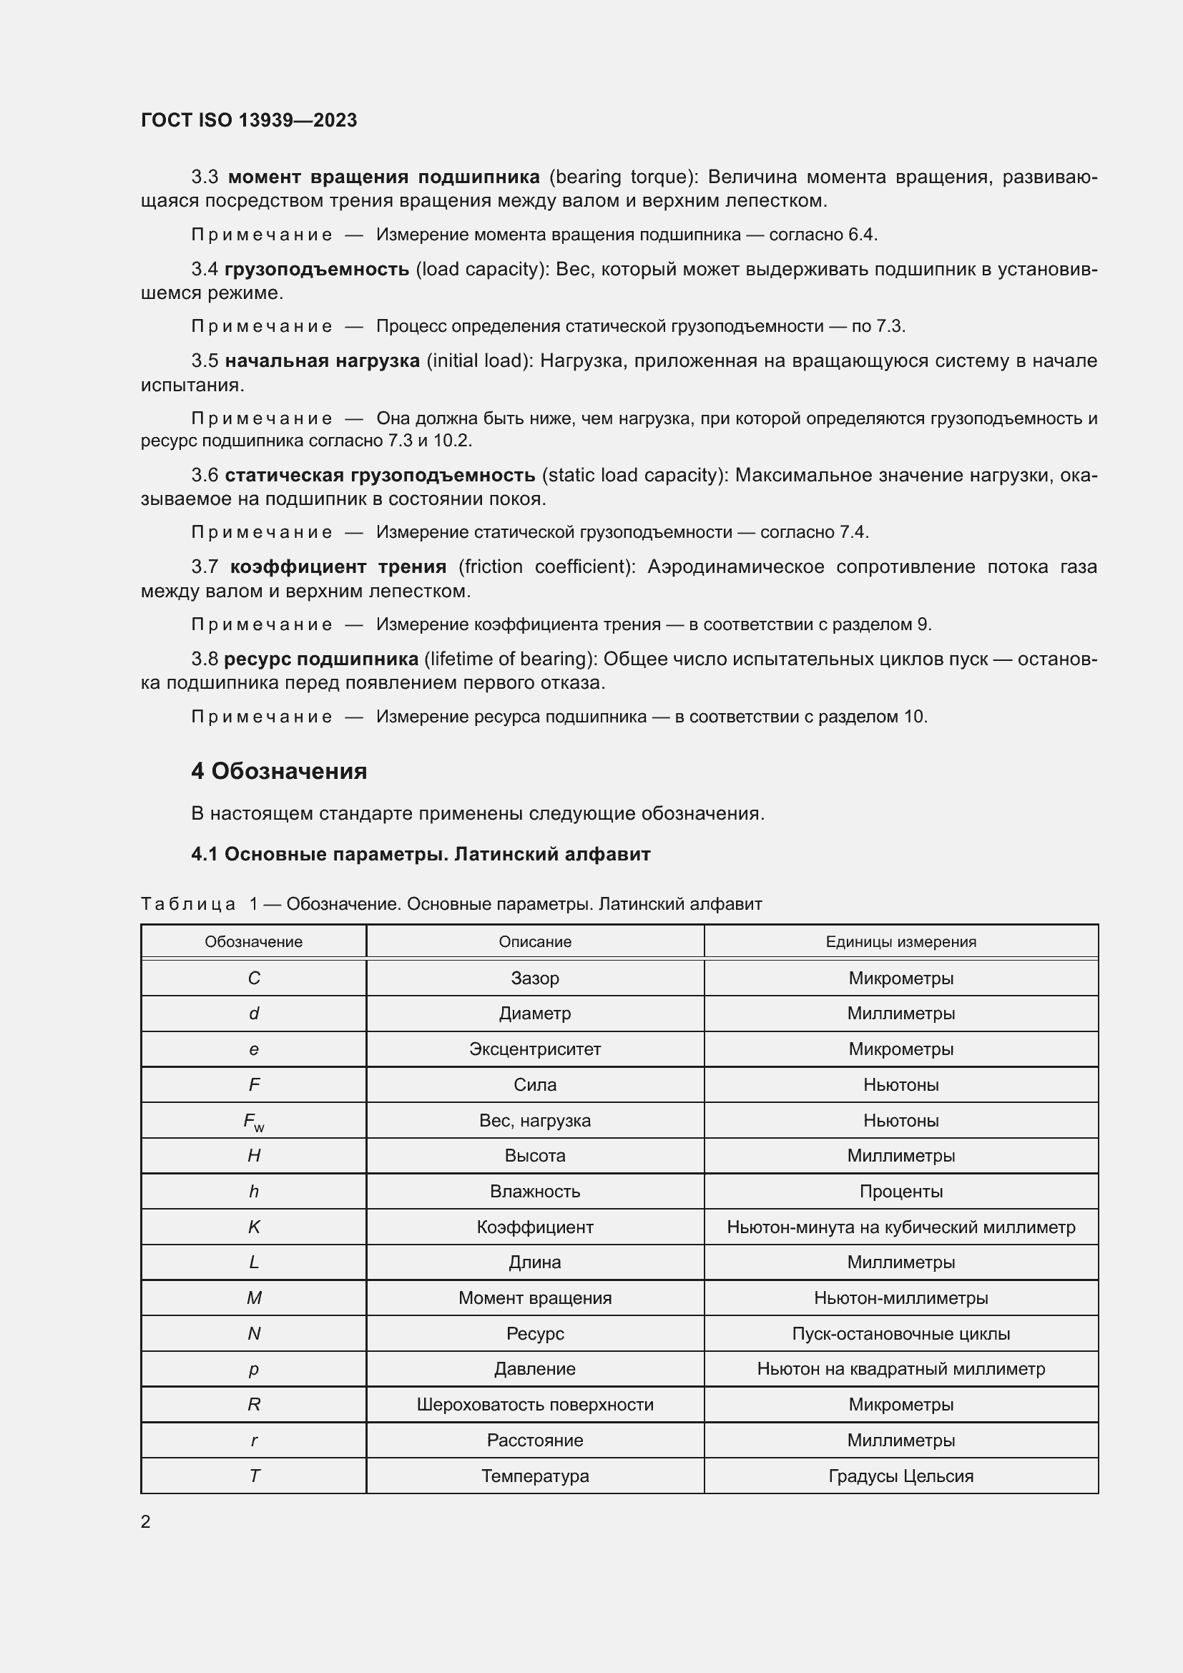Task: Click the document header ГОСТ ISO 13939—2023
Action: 248,120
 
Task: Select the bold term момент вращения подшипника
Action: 384,177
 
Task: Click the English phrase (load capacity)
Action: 481,269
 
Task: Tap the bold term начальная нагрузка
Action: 322,360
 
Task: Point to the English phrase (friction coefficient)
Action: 547,566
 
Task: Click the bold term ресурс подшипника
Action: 320,659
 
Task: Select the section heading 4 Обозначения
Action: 279,771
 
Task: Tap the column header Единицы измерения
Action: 900,941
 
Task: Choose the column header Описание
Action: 535,941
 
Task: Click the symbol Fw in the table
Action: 253,1122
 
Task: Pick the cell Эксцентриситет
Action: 535,1049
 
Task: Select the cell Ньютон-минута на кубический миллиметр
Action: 900,1227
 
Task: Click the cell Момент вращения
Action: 535,1297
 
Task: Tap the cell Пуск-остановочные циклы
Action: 900,1333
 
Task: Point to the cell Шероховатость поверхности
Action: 535,1404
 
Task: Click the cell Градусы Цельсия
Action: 900,1476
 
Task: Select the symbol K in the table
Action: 253,1227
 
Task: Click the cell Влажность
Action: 535,1192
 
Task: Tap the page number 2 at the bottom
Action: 146,1521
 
